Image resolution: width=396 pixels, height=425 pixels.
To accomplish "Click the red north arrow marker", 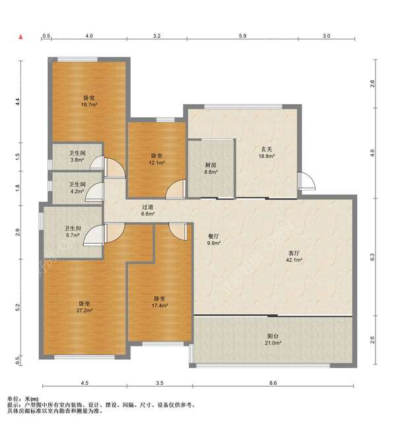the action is pos(20,37).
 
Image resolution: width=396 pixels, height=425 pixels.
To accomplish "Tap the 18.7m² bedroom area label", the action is pos(89,101).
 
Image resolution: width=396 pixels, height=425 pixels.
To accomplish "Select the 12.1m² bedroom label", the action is pos(156,159).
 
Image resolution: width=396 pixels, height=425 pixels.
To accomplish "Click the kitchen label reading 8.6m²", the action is pos(211,168).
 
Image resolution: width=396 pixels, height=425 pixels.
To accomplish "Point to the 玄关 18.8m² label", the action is pos(267,153).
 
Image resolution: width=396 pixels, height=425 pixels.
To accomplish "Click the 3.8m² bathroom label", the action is pos(77,156).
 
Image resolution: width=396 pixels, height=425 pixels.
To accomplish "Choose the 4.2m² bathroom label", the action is pos(77,188).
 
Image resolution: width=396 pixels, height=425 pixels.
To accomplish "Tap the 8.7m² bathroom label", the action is pos(73,232).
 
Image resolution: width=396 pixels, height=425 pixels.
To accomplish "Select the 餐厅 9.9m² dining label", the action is pos(214,240).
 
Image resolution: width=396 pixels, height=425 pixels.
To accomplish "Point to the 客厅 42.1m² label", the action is pos(294,256).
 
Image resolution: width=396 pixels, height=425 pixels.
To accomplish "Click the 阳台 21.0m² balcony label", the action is pos(273,339).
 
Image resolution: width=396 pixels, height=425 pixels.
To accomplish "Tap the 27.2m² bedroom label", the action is pos(84,307).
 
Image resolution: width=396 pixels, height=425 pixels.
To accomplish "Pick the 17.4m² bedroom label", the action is pos(160,302).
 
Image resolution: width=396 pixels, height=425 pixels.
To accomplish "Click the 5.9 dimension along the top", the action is pos(243,36).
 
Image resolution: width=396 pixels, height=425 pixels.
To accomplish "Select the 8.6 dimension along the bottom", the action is pos(273,383).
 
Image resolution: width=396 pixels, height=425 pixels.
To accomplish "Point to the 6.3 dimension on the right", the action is pos(372,257).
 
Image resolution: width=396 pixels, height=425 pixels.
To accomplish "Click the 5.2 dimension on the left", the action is pos(18,307).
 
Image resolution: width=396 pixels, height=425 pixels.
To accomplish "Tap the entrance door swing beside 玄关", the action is pos(308,181).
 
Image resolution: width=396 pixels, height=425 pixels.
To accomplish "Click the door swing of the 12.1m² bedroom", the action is pos(176,189).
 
